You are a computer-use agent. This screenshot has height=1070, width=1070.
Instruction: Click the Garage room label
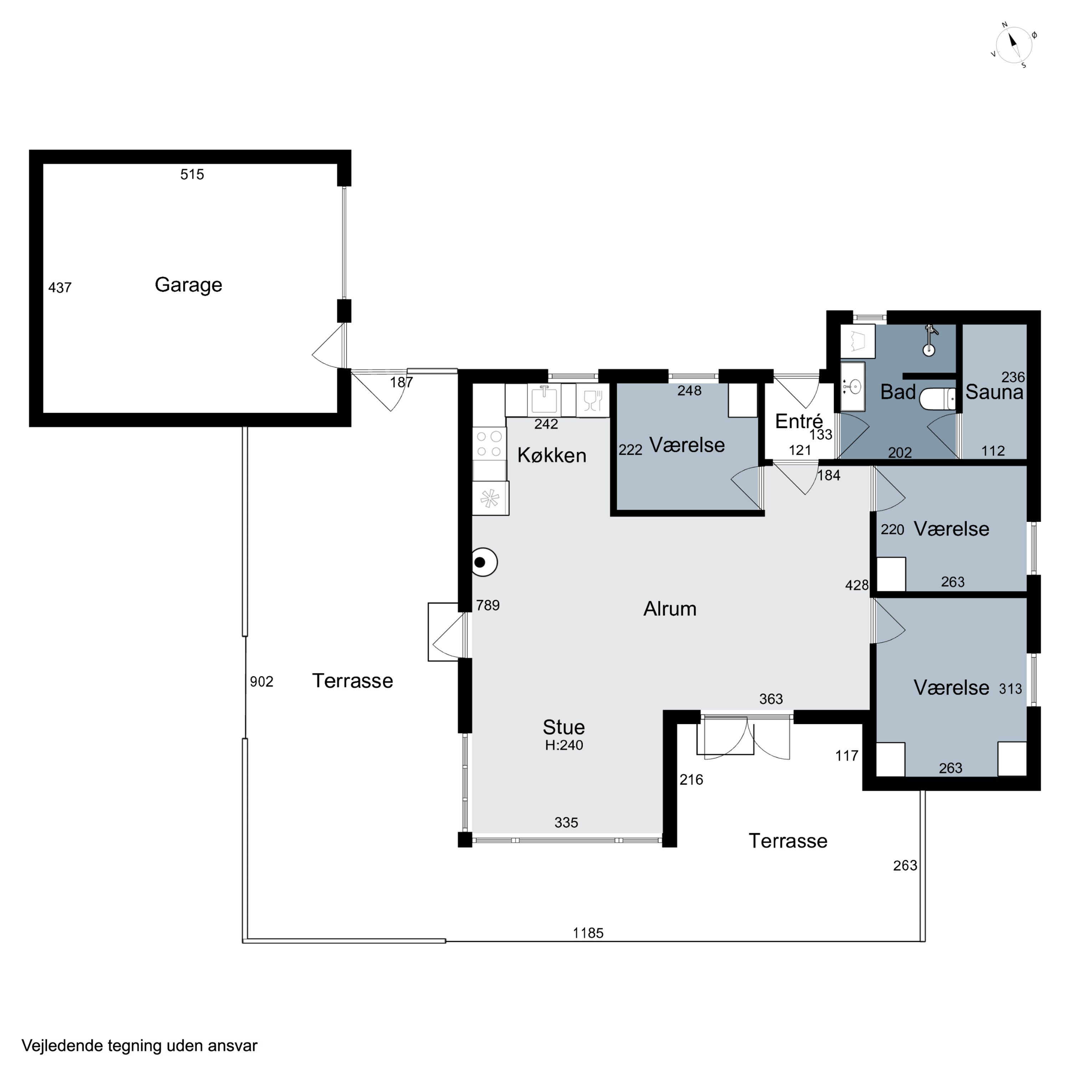188,285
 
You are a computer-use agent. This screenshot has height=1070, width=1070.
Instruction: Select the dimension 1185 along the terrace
588,933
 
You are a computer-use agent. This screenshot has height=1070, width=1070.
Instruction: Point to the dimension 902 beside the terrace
261,682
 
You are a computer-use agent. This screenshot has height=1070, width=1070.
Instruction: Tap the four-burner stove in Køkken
489,444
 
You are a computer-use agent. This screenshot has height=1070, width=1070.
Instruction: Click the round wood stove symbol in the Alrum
484,562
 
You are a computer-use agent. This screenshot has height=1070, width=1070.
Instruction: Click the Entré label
799,422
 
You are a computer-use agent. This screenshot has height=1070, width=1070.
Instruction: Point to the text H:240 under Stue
564,745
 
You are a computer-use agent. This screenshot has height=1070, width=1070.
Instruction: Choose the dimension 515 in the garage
192,174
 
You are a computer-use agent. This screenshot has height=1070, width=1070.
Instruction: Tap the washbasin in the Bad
853,387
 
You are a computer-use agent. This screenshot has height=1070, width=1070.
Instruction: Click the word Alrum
669,609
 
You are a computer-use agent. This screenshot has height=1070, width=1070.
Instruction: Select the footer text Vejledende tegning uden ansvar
139,1046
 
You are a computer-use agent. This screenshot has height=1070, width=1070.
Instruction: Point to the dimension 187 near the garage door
402,382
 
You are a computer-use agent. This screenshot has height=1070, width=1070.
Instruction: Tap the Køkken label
552,455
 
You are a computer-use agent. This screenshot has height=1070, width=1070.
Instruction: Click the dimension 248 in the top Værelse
689,391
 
